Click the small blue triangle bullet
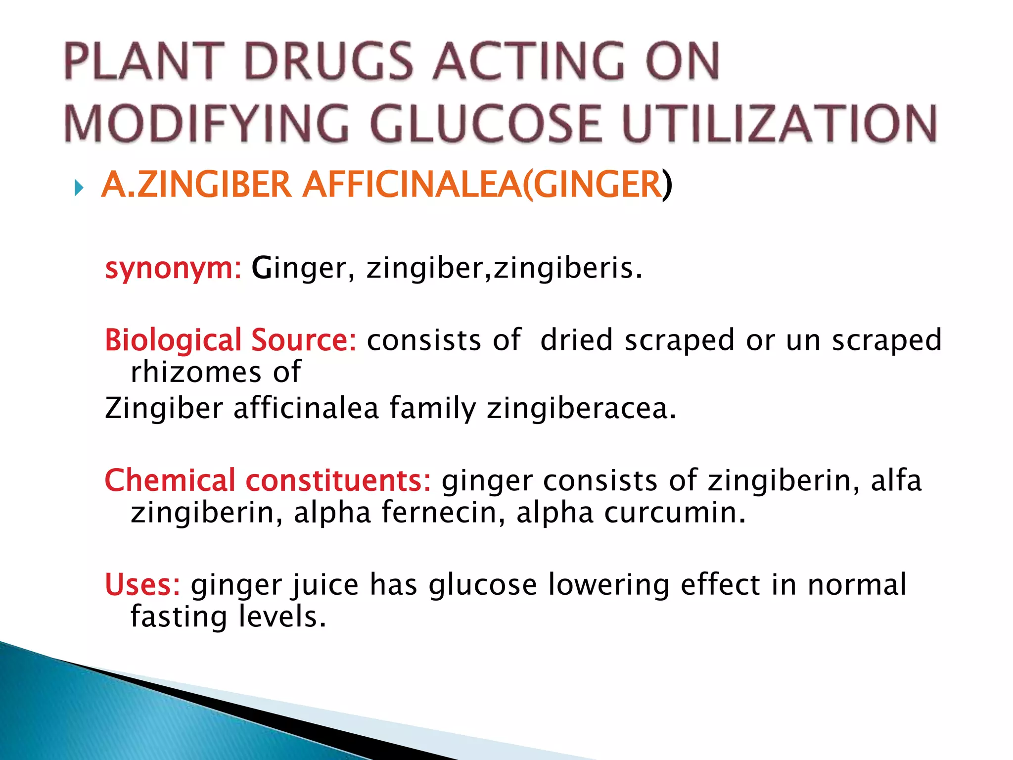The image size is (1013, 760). pyautogui.click(x=78, y=188)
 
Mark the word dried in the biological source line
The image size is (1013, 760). pyautogui.click(x=577, y=340)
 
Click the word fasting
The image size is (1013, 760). pyautogui.click(x=179, y=617)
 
